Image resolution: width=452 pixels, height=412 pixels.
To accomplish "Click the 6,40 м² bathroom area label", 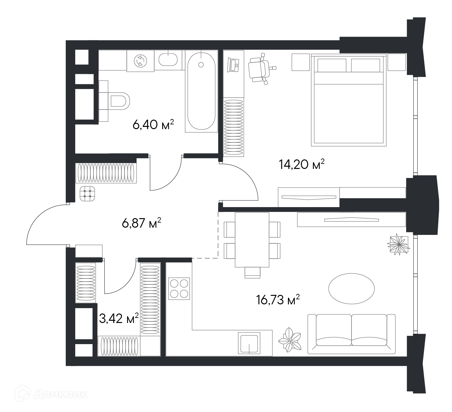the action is pyautogui.click(x=153, y=124).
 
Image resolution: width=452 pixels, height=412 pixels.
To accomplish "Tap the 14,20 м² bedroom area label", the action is pyautogui.click(x=302, y=164).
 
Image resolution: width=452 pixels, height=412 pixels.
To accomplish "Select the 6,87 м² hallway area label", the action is pyautogui.click(x=142, y=223).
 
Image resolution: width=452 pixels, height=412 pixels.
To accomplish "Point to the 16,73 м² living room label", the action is pyautogui.click(x=278, y=299).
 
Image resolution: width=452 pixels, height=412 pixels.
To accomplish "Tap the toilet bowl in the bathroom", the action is pyautogui.click(x=120, y=101).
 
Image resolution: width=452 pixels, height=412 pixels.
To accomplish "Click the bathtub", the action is pyautogui.click(x=201, y=91).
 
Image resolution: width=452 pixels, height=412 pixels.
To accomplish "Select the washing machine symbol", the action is pyautogui.click(x=140, y=61).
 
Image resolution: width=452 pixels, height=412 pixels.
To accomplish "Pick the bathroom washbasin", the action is pyautogui.click(x=168, y=60).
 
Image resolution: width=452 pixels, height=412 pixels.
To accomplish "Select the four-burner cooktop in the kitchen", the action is pyautogui.click(x=179, y=289).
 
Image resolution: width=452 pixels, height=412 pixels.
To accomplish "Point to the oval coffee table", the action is pyautogui.click(x=351, y=289).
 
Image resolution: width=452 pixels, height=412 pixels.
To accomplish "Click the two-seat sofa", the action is pyautogui.click(x=351, y=334).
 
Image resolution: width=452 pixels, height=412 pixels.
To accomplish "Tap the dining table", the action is pyautogui.click(x=252, y=240).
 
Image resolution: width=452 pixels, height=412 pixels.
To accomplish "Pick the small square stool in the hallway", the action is pyautogui.click(x=87, y=194).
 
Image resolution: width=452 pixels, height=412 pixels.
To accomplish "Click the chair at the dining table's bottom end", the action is pyautogui.click(x=252, y=272).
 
